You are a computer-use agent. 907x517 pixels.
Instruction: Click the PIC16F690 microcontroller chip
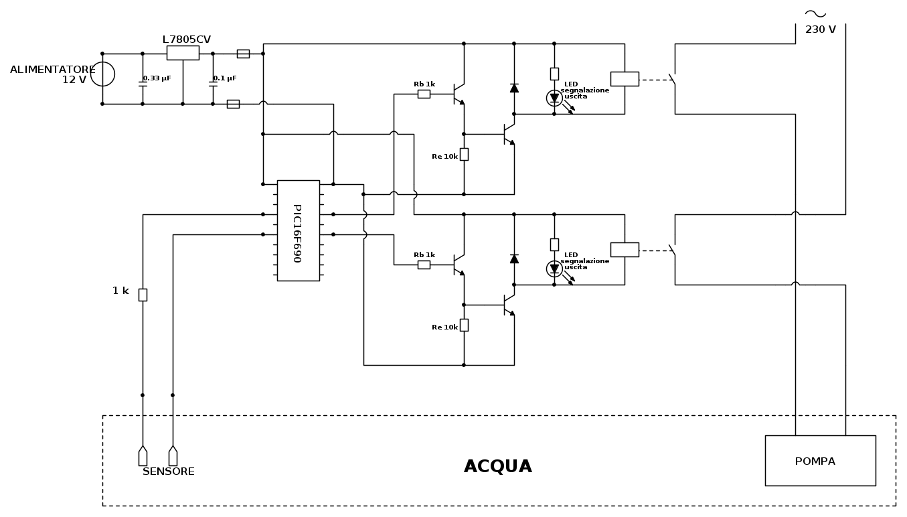coord(298,230)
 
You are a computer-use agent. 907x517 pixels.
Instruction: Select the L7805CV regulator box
coord(183,53)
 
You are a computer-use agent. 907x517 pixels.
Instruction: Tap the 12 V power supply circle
coord(102,74)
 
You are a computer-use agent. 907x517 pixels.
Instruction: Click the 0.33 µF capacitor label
coord(157,78)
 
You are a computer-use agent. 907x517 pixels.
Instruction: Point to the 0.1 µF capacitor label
coord(225,78)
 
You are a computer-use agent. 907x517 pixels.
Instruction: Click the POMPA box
coord(820,461)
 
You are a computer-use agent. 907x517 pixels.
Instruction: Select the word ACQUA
coord(497,467)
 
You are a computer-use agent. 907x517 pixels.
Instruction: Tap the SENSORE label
coord(169,471)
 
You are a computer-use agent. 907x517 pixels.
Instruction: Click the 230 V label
coord(820,29)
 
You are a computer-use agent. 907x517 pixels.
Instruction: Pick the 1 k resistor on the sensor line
coord(143,295)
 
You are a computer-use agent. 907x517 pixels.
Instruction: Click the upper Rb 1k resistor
coord(424,94)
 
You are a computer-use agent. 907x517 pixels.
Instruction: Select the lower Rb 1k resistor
coord(424,265)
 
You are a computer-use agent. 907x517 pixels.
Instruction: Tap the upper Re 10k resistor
coord(464,154)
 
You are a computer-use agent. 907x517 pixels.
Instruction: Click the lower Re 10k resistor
coord(464,325)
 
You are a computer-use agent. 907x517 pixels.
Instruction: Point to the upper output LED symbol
coord(554,98)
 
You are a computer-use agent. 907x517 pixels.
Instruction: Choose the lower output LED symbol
coord(554,269)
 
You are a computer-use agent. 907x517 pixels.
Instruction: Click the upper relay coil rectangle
coord(625,79)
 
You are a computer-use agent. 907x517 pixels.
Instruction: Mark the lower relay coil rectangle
coord(625,250)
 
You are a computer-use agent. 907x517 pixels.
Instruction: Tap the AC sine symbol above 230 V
coord(815,13)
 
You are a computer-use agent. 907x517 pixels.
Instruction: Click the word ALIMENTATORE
coord(52,70)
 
